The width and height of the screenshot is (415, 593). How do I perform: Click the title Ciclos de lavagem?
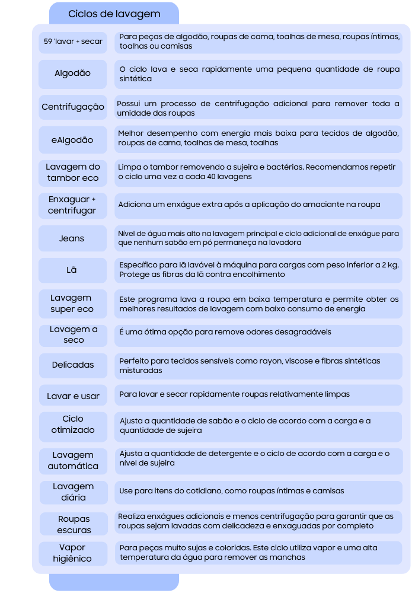tap(114, 14)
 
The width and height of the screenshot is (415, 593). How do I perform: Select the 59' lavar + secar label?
tap(73, 42)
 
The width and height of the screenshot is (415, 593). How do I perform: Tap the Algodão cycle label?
tap(73, 74)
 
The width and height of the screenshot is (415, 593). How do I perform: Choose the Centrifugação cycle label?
tap(73, 107)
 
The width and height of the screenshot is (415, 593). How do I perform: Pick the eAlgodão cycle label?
tap(73, 141)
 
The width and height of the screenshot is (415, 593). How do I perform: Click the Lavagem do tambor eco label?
tap(73, 173)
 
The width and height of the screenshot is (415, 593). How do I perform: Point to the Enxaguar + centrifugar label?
tap(73, 205)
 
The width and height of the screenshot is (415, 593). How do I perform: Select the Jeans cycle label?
tap(72, 238)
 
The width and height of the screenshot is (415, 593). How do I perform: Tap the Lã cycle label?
tap(72, 270)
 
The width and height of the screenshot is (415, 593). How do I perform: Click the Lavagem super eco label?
tap(72, 304)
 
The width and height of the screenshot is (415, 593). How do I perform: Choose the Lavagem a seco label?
tap(74, 334)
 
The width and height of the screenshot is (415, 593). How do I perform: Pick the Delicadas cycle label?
tap(73, 365)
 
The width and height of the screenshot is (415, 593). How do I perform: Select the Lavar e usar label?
tap(73, 396)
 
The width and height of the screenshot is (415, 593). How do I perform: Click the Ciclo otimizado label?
tap(73, 425)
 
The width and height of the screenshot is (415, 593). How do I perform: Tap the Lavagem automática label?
tap(73, 461)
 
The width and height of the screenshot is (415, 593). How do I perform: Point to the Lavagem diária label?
tap(73, 492)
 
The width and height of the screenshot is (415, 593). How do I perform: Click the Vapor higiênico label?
tap(72, 553)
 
